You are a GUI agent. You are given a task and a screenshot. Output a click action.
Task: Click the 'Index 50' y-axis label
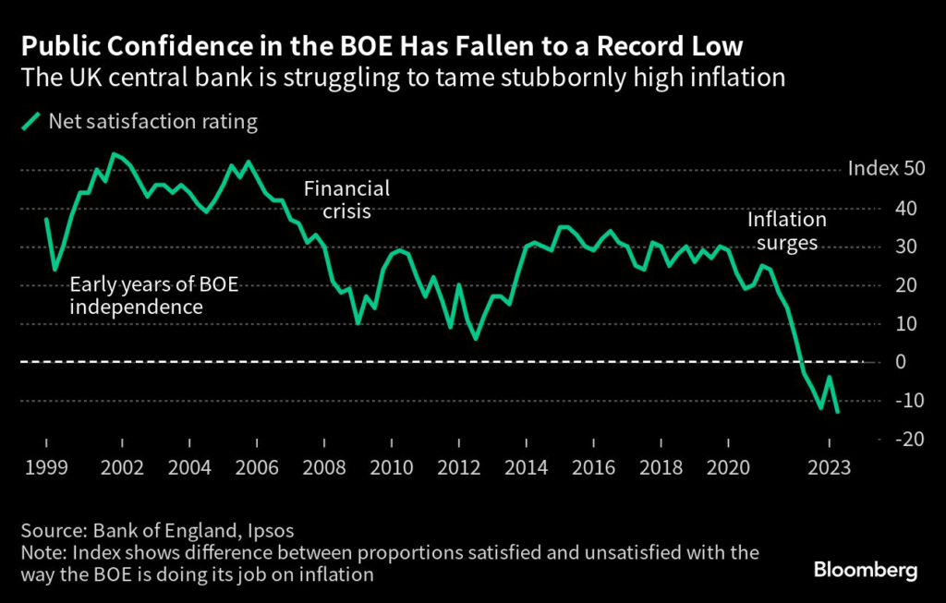coord(885,170)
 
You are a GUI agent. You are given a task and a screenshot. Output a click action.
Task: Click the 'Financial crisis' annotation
coord(347,200)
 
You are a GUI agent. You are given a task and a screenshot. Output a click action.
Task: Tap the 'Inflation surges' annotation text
coord(786,232)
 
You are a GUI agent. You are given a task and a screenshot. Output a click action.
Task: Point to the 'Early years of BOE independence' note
coord(154,295)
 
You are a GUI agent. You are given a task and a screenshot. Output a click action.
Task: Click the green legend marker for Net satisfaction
coord(32,121)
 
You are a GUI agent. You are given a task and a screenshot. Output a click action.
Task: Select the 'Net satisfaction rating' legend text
coord(152,121)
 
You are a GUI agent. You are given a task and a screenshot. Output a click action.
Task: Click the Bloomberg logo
coord(866,570)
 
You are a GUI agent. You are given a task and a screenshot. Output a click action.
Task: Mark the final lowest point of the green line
coord(838,412)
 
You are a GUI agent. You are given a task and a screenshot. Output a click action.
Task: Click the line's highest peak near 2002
coord(114,154)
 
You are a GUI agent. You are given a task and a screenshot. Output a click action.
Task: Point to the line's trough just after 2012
coord(476,339)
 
